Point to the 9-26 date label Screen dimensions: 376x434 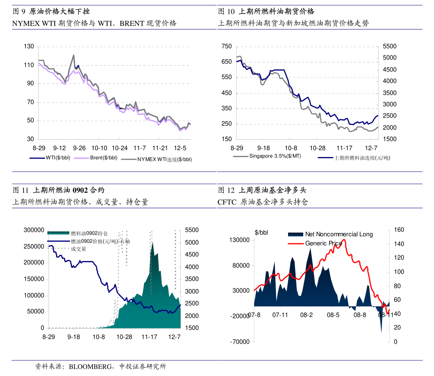pos(79,148)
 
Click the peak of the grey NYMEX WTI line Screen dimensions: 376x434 pos(74,55)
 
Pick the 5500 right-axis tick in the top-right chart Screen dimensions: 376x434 pos(390,46)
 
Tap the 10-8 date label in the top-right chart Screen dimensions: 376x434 pos(291,148)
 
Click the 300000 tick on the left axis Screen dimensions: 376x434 pos(34,230)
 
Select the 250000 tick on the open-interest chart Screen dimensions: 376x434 pos(34,247)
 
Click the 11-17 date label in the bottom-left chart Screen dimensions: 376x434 pos(149,337)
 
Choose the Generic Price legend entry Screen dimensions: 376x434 pos(323,243)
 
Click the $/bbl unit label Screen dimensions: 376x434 pos(262,233)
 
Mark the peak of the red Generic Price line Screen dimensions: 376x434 pos(343,240)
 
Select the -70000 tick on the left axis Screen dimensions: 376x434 pos(239,342)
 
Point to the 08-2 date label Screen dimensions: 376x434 pos(306,315)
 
